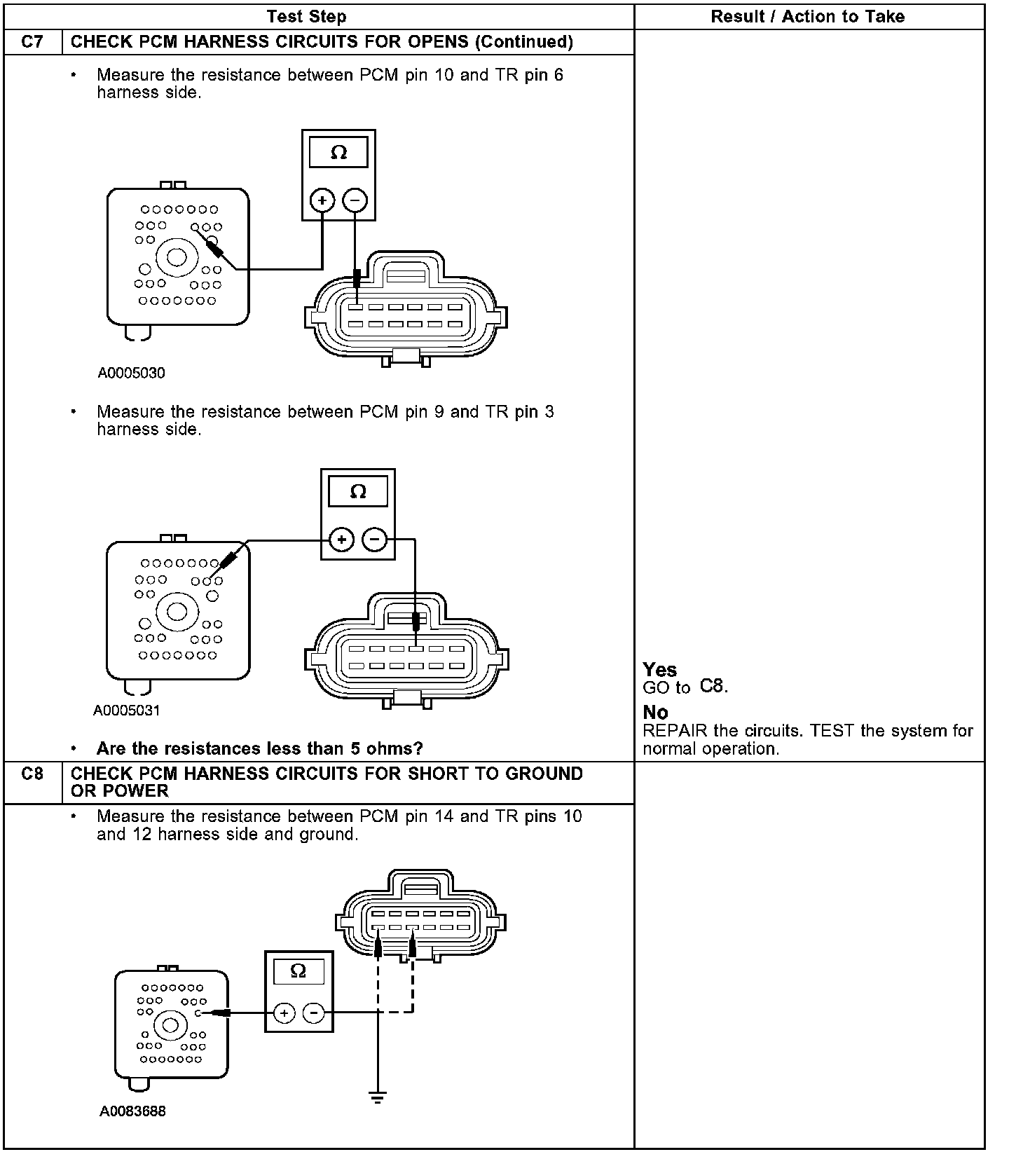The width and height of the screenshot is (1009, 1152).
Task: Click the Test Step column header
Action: (x=306, y=16)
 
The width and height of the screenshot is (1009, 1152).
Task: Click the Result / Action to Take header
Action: (x=807, y=16)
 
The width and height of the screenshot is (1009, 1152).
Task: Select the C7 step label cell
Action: (x=32, y=42)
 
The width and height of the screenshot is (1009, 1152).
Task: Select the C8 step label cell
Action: (x=32, y=774)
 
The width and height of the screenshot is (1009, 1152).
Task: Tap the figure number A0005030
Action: (x=131, y=373)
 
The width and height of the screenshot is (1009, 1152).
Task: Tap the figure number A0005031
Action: (x=126, y=711)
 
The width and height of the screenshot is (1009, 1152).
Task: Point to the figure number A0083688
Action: (x=132, y=1111)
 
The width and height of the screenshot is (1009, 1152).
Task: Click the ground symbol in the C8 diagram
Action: (x=378, y=1097)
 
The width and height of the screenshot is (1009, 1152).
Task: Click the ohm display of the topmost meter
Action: (x=338, y=153)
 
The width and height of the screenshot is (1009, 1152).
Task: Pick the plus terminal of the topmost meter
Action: (x=322, y=201)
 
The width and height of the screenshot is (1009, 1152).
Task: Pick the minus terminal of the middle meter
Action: (x=375, y=540)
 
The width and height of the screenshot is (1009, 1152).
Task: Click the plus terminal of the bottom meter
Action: (x=284, y=1013)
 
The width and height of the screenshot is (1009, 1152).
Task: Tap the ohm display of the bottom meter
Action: (x=298, y=971)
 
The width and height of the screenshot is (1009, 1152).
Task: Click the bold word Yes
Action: (x=659, y=670)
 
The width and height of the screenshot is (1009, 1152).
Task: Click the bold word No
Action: (x=655, y=713)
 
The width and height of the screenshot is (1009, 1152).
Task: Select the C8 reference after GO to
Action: (x=713, y=687)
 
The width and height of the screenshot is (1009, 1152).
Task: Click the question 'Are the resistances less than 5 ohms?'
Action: (x=259, y=748)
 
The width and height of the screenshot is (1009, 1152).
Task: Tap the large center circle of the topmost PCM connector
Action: (x=176, y=257)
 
